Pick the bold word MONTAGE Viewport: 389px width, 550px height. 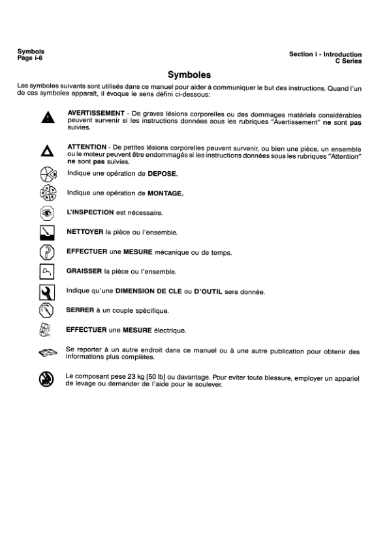(164, 193)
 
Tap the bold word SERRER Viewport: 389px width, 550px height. (82, 310)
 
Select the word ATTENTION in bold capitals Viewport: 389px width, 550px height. (89, 148)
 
